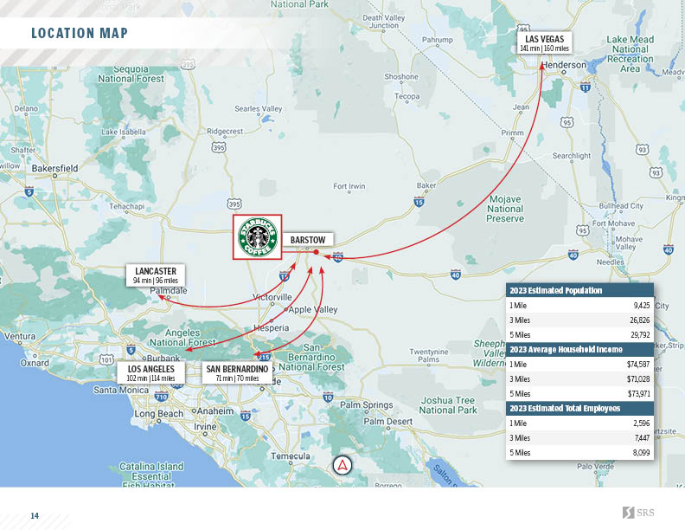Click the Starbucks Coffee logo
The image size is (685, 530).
[259, 236]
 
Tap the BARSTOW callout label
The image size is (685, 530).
[307, 239]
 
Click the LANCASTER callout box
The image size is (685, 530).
[156, 275]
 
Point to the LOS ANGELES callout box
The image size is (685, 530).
[150, 373]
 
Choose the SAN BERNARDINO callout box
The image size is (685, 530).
[237, 373]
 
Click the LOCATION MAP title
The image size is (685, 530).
[80, 34]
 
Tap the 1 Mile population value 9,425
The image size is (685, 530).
[641, 306]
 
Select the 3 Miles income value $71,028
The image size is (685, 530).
[637, 378]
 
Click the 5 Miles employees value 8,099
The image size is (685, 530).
[640, 452]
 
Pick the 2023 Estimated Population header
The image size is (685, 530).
[556, 291]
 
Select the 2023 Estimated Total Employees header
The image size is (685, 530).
[565, 408]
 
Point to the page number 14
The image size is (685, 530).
[35, 515]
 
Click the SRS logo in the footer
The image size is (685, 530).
[638, 514]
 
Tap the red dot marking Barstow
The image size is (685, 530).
[317, 252]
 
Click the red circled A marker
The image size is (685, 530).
[343, 464]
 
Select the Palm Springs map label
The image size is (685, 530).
[367, 404]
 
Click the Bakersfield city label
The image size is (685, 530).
[51, 168]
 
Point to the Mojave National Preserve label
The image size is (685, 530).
[506, 209]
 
